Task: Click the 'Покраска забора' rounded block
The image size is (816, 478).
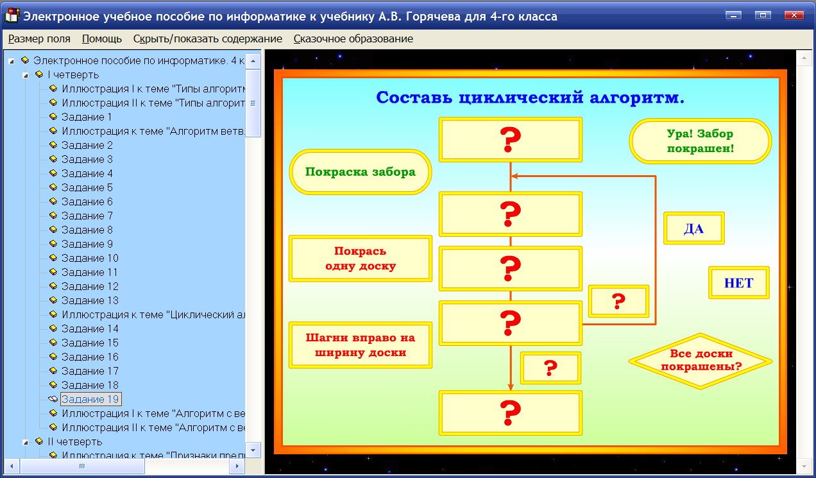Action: pyautogui.click(x=361, y=172)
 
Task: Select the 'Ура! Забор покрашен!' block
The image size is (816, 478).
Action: pyautogui.click(x=700, y=141)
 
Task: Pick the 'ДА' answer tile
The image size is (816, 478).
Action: pyautogui.click(x=693, y=228)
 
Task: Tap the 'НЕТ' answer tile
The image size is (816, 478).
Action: pyautogui.click(x=738, y=283)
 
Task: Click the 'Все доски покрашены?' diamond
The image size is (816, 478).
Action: pyautogui.click(x=701, y=361)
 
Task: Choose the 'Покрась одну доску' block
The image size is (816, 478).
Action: pyautogui.click(x=361, y=259)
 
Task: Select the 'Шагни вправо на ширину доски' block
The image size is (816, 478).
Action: pyautogui.click(x=361, y=345)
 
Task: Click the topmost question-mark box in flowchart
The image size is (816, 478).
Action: pyautogui.click(x=511, y=139)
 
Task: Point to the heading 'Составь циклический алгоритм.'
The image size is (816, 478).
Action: pyautogui.click(x=530, y=98)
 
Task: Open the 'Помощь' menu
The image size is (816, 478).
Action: pyautogui.click(x=102, y=38)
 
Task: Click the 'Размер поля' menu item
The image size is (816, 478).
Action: pyautogui.click(x=39, y=38)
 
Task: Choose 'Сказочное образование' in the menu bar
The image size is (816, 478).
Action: pyautogui.click(x=353, y=38)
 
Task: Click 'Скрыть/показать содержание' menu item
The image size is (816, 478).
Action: pyautogui.click(x=207, y=38)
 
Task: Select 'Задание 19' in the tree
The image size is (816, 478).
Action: pyautogui.click(x=90, y=399)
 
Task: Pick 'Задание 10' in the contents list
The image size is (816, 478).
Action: pyautogui.click(x=90, y=258)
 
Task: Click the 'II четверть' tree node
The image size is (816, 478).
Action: pyautogui.click(x=74, y=441)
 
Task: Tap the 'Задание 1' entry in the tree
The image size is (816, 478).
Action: pyautogui.click(x=87, y=117)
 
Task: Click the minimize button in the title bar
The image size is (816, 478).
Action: pyautogui.click(x=733, y=15)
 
